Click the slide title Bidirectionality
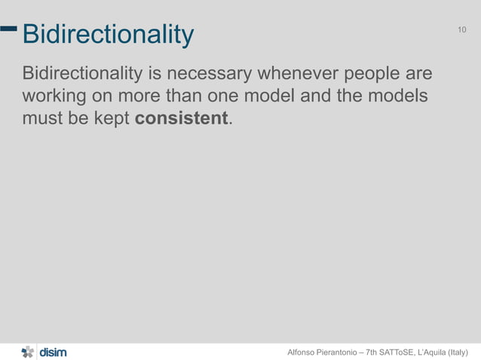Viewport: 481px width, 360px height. pyautogui.click(x=108, y=35)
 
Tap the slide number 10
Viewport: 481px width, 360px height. pyautogui.click(x=462, y=30)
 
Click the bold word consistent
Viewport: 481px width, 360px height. pyautogui.click(x=181, y=119)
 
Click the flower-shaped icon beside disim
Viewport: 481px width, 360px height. pyautogui.click(x=28, y=352)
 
